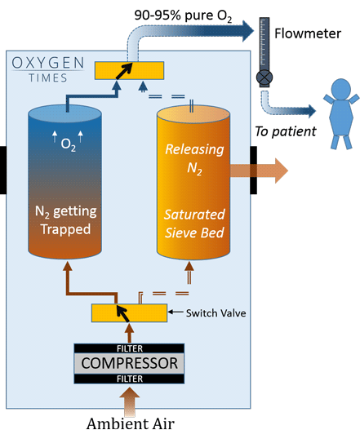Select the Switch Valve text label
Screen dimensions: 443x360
tap(205, 312)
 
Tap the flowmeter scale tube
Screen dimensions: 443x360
tap(264, 44)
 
